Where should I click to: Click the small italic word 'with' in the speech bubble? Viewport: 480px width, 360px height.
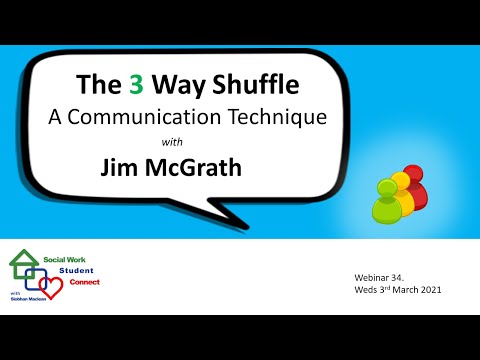187,142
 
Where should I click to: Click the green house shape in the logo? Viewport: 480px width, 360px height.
22,265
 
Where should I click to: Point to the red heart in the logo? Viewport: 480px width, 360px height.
53,288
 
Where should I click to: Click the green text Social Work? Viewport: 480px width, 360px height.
65,259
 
